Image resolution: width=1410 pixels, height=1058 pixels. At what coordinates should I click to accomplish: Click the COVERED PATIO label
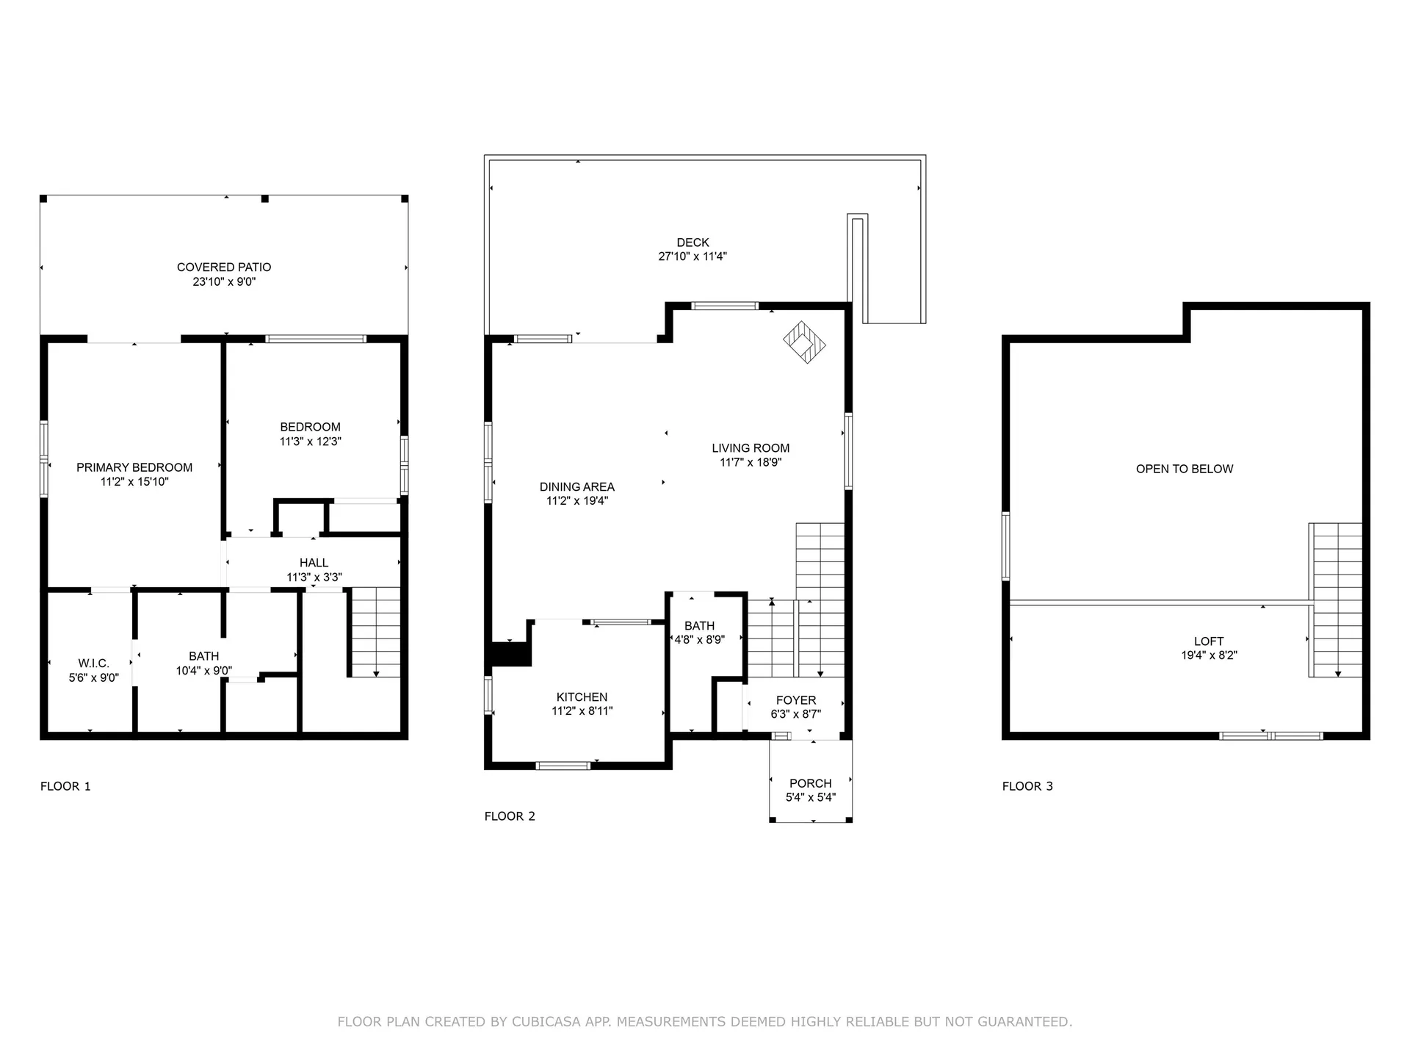coord(224,267)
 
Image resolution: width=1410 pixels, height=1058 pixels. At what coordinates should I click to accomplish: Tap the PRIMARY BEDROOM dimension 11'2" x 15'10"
coord(134,482)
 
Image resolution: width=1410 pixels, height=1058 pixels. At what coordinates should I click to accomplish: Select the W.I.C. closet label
coord(93,663)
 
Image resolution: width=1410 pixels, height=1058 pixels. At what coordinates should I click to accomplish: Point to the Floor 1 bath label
coord(203,656)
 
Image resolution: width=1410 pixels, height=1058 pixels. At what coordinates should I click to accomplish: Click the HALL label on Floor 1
coord(314,563)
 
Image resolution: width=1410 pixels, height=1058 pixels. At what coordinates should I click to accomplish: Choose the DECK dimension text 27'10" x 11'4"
coord(693,256)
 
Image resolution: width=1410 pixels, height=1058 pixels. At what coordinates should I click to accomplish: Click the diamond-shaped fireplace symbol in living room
coord(804,342)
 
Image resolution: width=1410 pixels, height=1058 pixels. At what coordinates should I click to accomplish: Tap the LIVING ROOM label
coord(751,448)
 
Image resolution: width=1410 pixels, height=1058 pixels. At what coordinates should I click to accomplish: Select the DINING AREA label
coord(576,486)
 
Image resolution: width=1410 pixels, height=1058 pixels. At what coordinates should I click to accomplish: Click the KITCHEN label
coord(582,697)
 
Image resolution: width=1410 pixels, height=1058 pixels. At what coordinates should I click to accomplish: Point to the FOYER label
coord(796,700)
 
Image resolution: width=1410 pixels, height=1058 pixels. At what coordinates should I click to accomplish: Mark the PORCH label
coord(810,783)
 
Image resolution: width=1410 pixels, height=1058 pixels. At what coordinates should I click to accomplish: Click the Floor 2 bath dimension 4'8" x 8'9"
coord(699,640)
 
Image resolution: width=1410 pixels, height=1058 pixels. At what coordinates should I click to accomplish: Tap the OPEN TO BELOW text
coord(1184,469)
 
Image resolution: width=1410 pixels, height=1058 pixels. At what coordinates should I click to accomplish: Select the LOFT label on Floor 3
coord(1208,641)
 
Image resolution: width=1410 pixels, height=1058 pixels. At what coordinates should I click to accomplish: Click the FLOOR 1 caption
coord(65,786)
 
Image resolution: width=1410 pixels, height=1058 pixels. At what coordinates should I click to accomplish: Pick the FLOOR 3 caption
coord(1027,786)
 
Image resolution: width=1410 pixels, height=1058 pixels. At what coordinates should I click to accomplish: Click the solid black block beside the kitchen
coord(510,653)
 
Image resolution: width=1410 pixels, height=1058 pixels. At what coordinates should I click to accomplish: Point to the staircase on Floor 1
coord(375,632)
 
